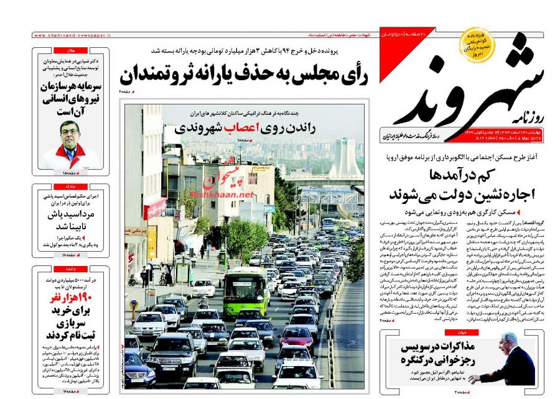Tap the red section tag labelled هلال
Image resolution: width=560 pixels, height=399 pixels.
pyautogui.click(x=70, y=50)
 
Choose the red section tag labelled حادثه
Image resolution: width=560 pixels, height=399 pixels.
pyautogui.click(x=70, y=186)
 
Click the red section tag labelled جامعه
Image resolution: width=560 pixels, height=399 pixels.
pyautogui.click(x=70, y=268)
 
